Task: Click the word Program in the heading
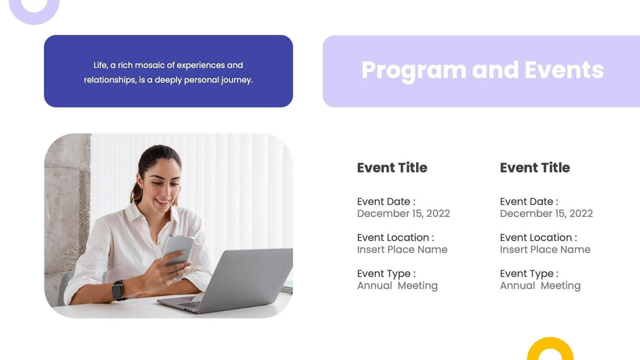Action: (414, 71)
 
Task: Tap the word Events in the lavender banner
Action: (564, 70)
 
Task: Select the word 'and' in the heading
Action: (496, 70)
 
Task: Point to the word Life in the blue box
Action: (101, 65)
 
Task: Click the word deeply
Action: (168, 80)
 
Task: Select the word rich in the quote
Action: (125, 65)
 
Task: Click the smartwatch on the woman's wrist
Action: (118, 290)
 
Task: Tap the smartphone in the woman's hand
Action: (179, 250)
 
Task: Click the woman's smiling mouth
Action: (163, 202)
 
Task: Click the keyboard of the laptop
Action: (190, 304)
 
